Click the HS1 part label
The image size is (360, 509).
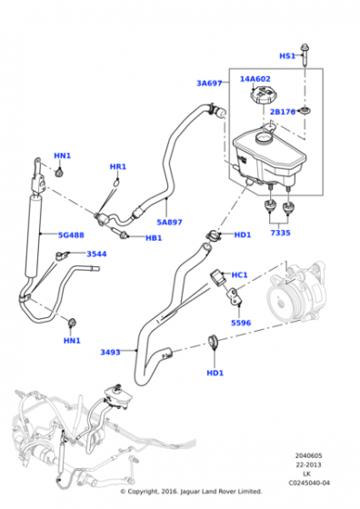(x=287, y=55)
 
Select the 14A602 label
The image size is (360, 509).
(x=255, y=79)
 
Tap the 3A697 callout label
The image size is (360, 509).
(x=209, y=84)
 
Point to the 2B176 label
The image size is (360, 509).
(x=283, y=112)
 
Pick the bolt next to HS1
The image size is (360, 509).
(x=305, y=55)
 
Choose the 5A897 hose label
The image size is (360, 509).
(x=169, y=223)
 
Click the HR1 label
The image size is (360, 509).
(x=118, y=167)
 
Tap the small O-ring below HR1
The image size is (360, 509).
(x=116, y=183)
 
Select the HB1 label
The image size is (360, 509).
(x=154, y=238)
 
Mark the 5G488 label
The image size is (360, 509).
(x=71, y=235)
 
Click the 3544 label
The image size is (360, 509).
(x=96, y=254)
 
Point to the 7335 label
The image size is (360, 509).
(x=281, y=233)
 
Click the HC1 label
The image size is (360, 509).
(x=240, y=275)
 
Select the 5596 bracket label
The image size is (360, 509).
(x=241, y=323)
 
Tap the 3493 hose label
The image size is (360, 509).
(x=110, y=353)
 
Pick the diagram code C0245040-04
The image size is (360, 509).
(x=309, y=483)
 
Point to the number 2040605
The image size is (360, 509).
(x=309, y=455)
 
